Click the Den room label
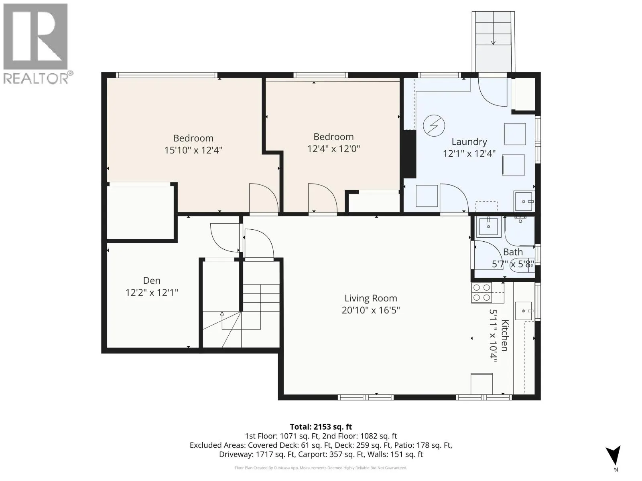pyautogui.click(x=152, y=281)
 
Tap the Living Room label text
pyautogui.click(x=371, y=298)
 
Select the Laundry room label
pyautogui.click(x=469, y=142)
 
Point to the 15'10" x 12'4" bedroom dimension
pyautogui.click(x=193, y=150)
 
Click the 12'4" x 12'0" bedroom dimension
pyautogui.click(x=333, y=149)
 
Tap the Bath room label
pyautogui.click(x=513, y=252)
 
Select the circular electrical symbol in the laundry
pyautogui.click(x=434, y=126)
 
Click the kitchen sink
pyautogui.click(x=524, y=311)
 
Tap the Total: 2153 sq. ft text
pyautogui.click(x=321, y=427)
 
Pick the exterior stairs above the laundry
pyautogui.click(x=493, y=41)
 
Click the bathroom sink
pyautogui.click(x=488, y=226)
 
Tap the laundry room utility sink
pyautogui.click(x=524, y=201)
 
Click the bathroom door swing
pyautogui.click(x=488, y=255)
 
